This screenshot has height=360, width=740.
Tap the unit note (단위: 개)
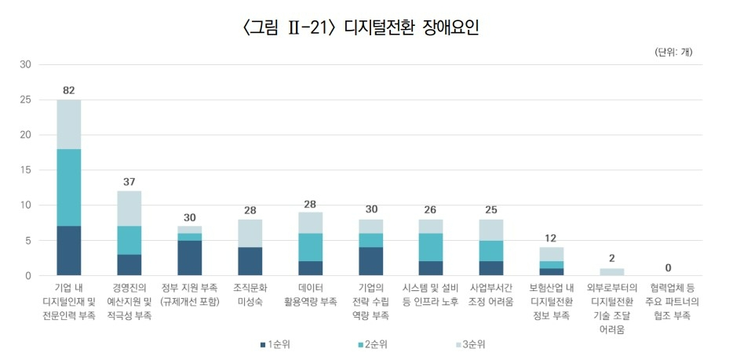click(x=673, y=53)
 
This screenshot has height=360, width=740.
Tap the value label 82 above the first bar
click(x=69, y=90)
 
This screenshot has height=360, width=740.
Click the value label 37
click(x=129, y=182)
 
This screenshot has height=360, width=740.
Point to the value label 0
click(x=673, y=267)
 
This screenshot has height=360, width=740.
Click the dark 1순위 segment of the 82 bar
click(x=69, y=251)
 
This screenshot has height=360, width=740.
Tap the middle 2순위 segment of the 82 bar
click(x=69, y=187)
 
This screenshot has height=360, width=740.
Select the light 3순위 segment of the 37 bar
click(x=129, y=209)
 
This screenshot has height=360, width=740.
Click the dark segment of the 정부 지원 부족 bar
click(x=190, y=258)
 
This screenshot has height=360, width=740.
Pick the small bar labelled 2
click(x=613, y=272)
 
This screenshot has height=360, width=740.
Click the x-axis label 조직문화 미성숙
click(x=250, y=294)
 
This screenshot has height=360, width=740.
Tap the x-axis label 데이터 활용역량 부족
click(x=311, y=294)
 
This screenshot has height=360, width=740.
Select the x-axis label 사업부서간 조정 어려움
click(x=492, y=294)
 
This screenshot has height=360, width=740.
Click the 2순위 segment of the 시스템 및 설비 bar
click(x=432, y=247)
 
